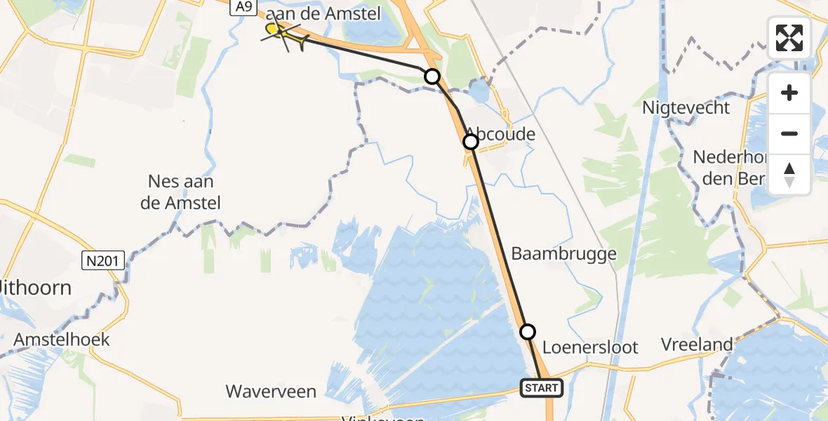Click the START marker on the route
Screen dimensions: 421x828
point(542,387)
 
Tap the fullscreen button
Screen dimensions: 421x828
point(789,38)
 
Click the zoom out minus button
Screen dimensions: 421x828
point(789,133)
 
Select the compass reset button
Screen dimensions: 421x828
point(789,175)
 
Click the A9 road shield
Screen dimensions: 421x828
point(243,7)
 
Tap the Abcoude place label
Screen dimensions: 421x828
point(501,133)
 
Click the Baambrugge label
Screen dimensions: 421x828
point(563,253)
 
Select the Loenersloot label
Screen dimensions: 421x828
point(590,347)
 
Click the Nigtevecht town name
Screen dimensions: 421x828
point(686,108)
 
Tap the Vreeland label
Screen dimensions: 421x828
point(697,345)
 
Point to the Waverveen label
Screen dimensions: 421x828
point(271,391)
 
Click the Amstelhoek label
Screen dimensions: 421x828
point(62,340)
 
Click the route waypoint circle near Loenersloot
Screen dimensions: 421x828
point(528,331)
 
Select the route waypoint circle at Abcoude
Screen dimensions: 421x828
point(471,142)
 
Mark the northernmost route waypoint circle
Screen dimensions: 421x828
point(432,76)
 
